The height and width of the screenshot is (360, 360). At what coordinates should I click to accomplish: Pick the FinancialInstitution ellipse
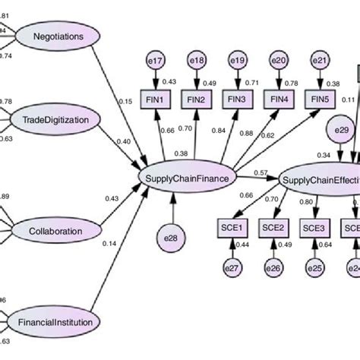58,322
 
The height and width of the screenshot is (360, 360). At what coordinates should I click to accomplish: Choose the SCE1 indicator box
230,227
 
